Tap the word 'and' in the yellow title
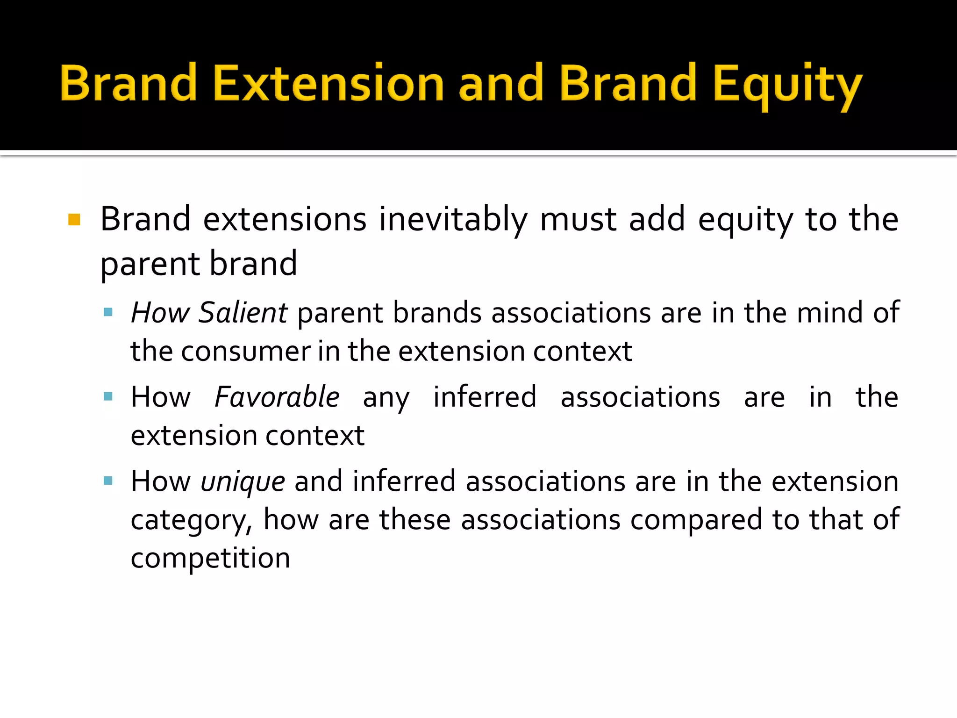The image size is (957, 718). point(500,84)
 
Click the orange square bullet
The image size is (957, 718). point(74,219)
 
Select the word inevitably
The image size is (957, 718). point(453,219)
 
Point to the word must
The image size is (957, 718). point(578,219)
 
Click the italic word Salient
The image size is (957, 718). point(243,313)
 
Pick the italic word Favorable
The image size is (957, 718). point(277,397)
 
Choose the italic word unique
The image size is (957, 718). point(243,481)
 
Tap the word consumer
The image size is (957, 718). point(246,351)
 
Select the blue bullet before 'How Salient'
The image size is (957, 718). point(108,312)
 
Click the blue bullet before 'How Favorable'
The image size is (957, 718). point(108,397)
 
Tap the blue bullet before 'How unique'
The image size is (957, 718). point(108,481)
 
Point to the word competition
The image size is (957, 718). point(210,558)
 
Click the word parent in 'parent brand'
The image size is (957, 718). point(150,264)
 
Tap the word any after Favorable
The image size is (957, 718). point(386,398)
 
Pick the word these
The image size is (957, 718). point(414,520)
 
